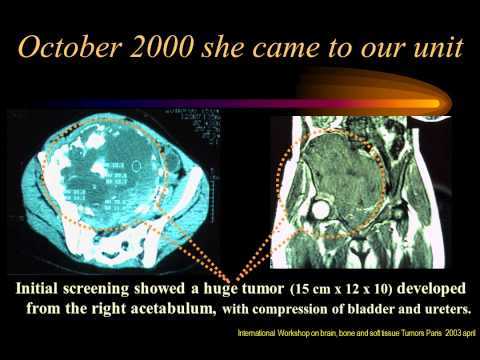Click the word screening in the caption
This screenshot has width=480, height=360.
(113, 286)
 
